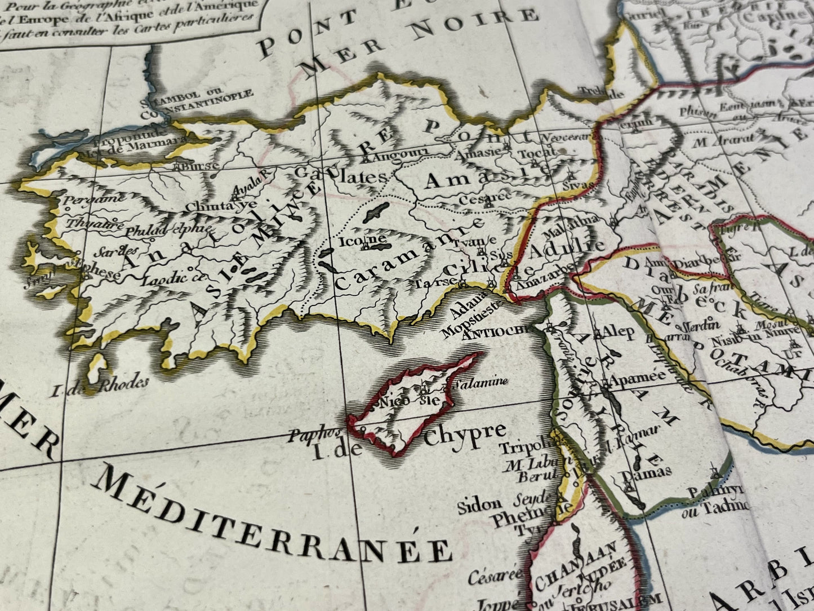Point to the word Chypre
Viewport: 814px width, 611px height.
pyautogui.click(x=465, y=433)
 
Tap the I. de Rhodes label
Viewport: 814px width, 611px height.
pyautogui.click(x=107, y=385)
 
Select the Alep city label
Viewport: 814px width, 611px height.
pyautogui.click(x=619, y=331)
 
